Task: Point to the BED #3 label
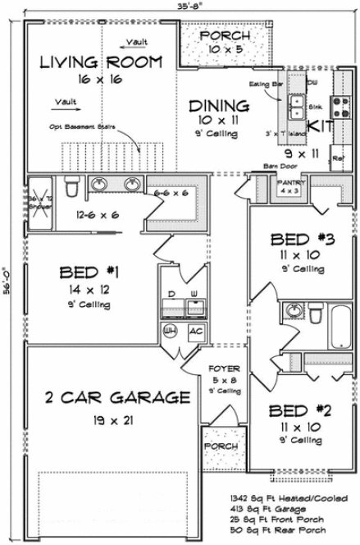coord(301,240)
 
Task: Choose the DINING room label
coord(218,106)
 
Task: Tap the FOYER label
coord(223,369)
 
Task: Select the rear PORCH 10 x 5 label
coord(226,37)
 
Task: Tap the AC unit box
coord(195,331)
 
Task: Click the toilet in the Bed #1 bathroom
coord(71,188)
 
